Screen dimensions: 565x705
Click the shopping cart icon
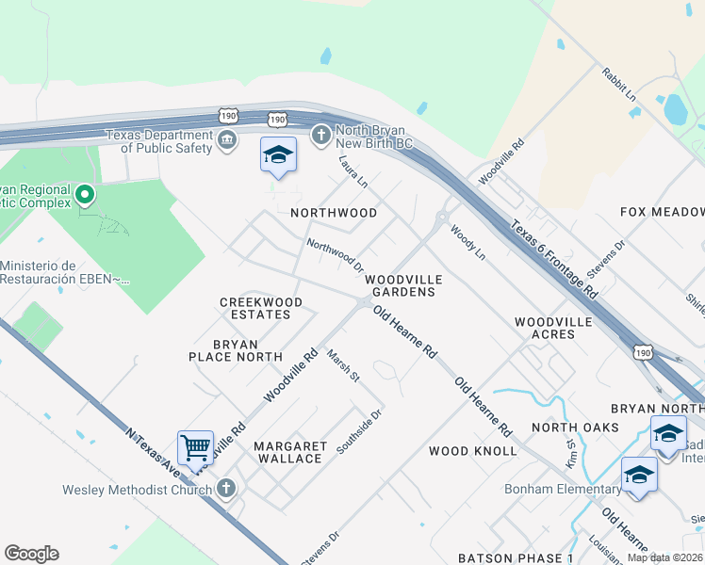[195, 446]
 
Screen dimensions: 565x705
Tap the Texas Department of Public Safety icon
[227, 141]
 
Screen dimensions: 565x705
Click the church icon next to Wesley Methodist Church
[225, 488]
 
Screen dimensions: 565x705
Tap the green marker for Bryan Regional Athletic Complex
[85, 196]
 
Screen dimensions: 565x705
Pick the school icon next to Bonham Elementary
[639, 474]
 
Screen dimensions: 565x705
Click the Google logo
[31, 554]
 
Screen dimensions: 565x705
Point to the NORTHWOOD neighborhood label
[334, 213]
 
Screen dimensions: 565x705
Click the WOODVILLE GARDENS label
[401, 285]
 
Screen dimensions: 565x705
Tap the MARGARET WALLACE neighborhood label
[290, 452]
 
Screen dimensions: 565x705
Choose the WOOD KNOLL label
[472, 451]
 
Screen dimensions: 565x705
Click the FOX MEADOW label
[662, 212]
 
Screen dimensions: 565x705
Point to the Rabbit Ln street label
[618, 84]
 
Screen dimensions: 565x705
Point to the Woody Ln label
[467, 242]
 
